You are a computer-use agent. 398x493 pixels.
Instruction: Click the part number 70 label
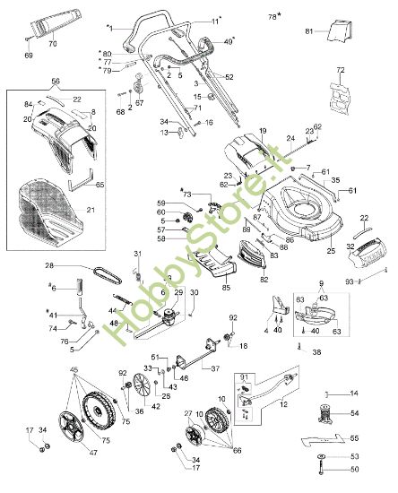click(51, 43)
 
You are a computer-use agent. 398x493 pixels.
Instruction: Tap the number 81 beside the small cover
click(310, 31)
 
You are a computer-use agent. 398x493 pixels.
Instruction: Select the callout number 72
click(340, 69)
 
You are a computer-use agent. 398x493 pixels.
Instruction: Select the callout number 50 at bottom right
click(353, 469)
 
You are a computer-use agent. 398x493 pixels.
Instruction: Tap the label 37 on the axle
click(215, 368)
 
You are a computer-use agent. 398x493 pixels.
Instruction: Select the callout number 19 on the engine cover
click(263, 132)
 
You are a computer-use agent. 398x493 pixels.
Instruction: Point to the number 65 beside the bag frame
click(99, 184)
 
